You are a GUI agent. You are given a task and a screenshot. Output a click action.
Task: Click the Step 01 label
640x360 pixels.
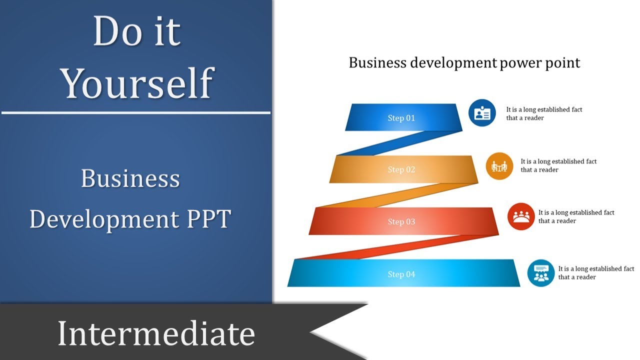click(401, 118)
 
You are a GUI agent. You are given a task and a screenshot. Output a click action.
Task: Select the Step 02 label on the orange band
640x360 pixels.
click(401, 169)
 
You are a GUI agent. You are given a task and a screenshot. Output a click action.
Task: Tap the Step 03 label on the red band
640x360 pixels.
click(401, 221)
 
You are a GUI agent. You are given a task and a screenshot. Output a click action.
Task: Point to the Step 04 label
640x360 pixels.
click(401, 274)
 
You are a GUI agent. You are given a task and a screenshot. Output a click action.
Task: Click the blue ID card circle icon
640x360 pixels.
click(482, 113)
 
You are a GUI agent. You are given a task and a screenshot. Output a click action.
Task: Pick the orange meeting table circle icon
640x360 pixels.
click(499, 166)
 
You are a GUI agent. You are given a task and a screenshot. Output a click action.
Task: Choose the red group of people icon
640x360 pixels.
click(521, 216)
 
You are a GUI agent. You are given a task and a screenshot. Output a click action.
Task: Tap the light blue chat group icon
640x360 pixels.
click(541, 273)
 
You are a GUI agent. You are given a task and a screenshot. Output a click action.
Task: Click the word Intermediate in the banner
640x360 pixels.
click(156, 333)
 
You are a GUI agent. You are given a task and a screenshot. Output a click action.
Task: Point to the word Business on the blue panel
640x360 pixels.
click(130, 178)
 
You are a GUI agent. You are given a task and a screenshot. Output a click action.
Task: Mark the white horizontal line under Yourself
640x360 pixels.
click(136, 112)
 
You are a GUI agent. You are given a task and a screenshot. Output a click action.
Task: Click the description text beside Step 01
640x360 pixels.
click(544, 113)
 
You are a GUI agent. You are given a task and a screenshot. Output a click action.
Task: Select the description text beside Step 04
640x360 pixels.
click(596, 273)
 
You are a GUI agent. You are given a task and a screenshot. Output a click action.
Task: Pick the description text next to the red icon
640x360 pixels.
click(576, 216)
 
